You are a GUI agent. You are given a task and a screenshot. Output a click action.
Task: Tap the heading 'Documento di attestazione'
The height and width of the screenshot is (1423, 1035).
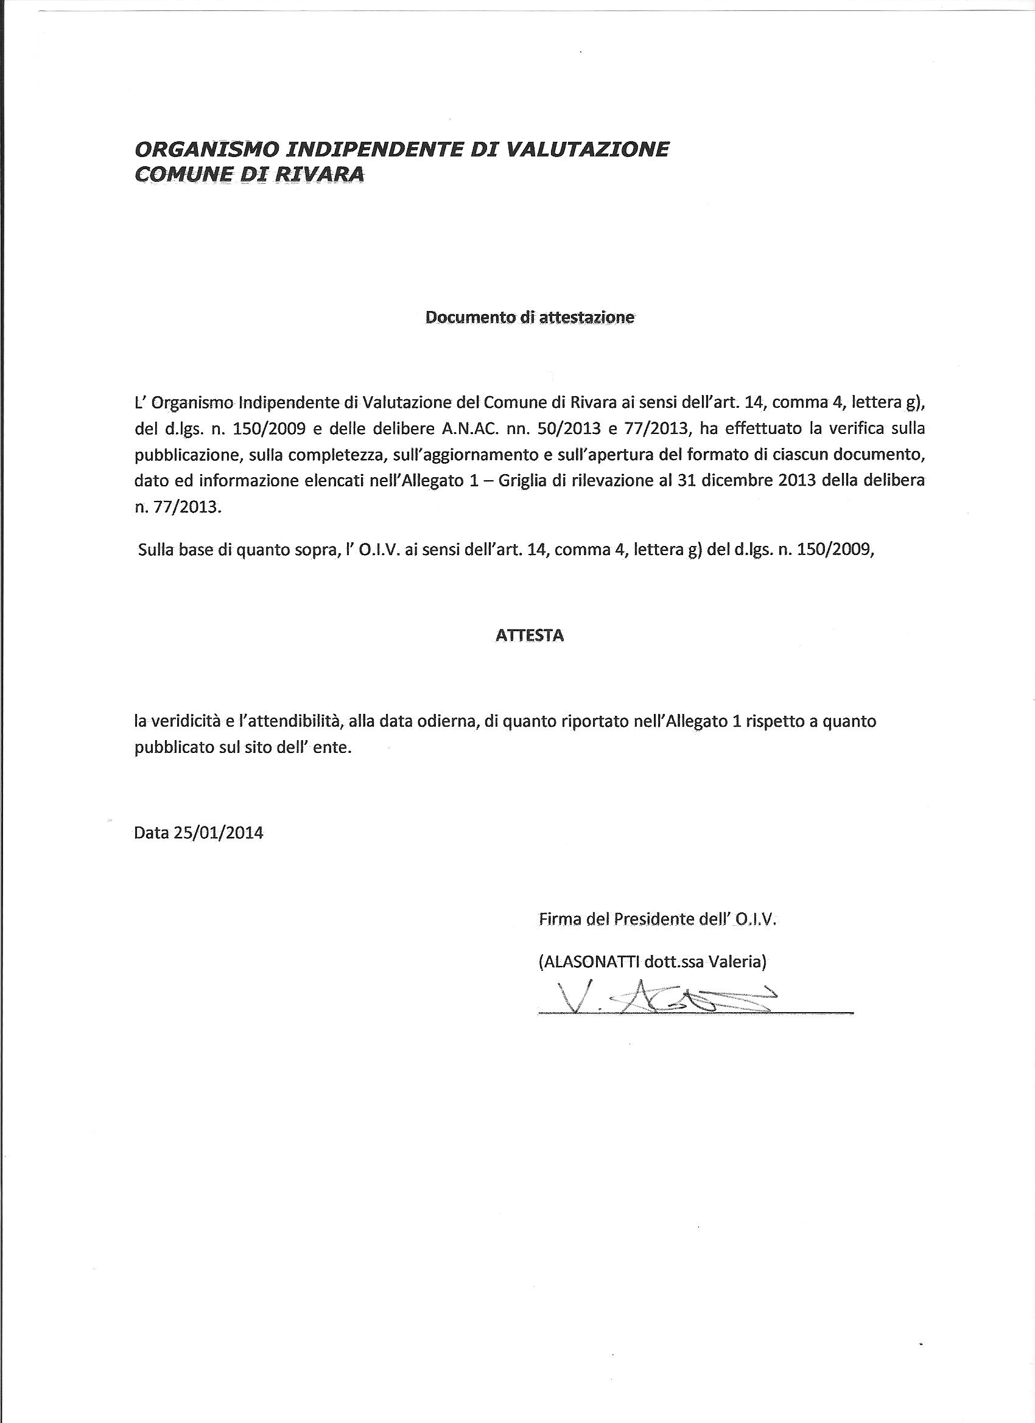[530, 318]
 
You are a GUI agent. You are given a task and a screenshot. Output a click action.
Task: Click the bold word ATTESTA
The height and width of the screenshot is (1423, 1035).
[530, 635]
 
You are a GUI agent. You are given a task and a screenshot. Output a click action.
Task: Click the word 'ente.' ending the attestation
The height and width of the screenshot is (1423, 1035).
[332, 748]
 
